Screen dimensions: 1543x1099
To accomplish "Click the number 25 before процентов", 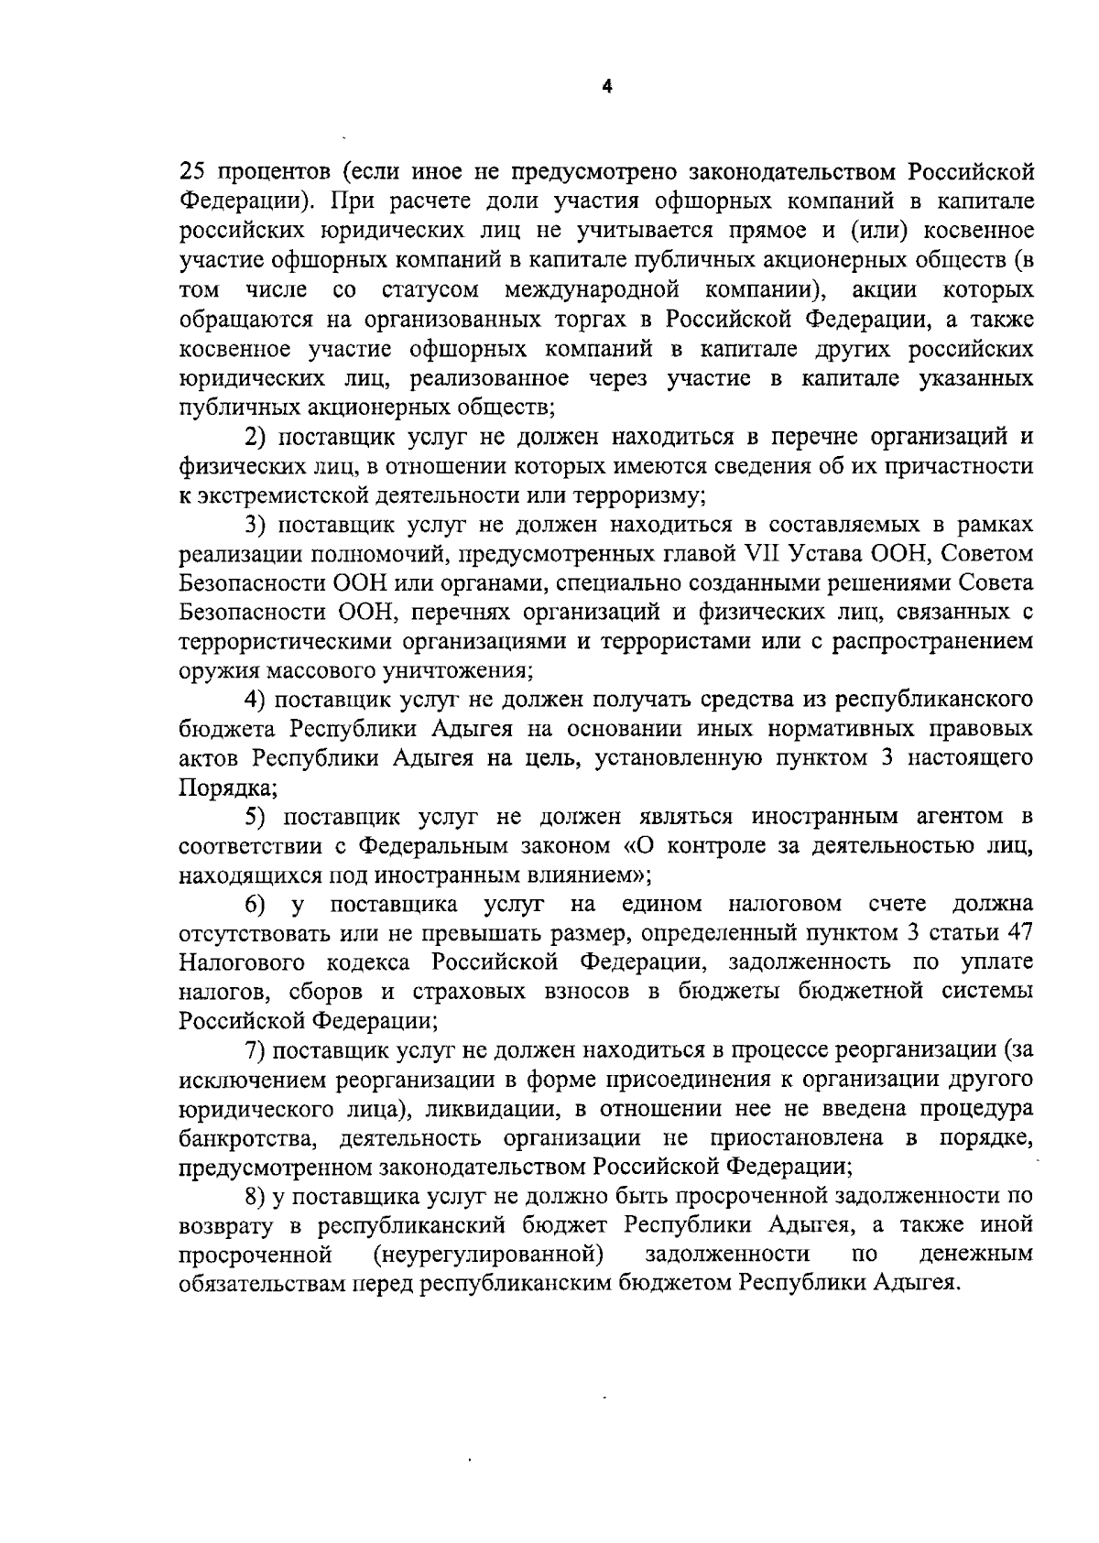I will tap(190, 171).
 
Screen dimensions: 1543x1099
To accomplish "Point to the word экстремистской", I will tap(274, 495).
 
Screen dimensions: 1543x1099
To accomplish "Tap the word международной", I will tap(592, 290).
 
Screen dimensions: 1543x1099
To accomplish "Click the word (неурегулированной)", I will tap(487, 1254).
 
